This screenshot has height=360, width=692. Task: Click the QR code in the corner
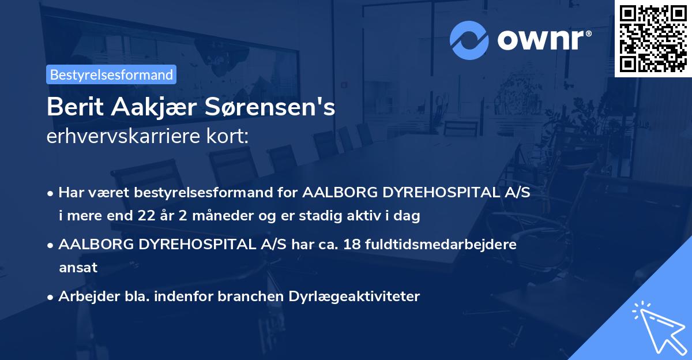click(653, 38)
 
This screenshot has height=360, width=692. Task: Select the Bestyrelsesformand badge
click(111, 74)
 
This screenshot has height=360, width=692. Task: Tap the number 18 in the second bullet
click(352, 244)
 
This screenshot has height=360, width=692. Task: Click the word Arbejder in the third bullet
click(84, 297)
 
